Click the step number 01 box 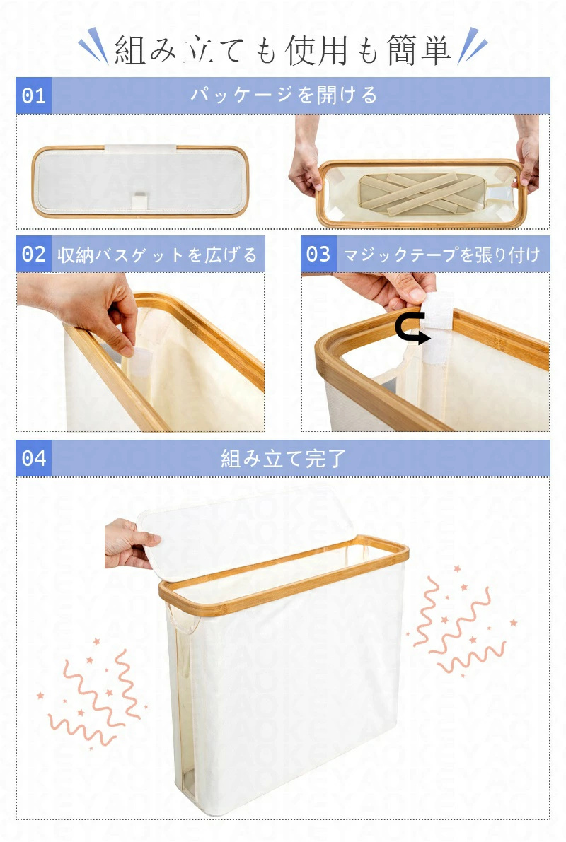click(33, 95)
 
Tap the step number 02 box click(33, 254)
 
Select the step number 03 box click(318, 254)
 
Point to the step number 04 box click(33, 458)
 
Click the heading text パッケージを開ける click(284, 95)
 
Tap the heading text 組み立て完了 click(283, 458)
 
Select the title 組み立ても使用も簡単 click(283, 50)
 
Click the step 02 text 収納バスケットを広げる click(158, 255)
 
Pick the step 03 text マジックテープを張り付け click(441, 255)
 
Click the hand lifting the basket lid click(129, 544)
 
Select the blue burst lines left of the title click(93, 46)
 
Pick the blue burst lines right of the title click(472, 46)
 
